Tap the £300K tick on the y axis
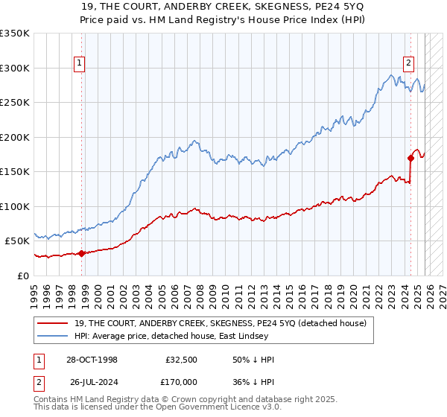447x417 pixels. (15, 68)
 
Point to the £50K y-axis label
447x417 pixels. (17, 241)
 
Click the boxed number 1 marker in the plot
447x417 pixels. (80, 63)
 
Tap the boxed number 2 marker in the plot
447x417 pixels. (409, 63)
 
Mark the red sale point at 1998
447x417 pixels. (81, 253)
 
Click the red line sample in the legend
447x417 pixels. (54, 324)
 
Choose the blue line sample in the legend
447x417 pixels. (54, 337)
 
